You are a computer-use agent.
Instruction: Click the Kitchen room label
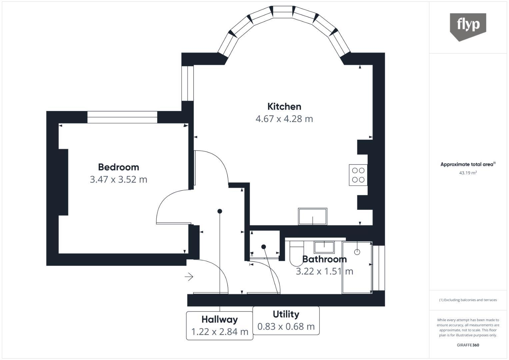[284, 107]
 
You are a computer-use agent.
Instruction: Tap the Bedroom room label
[118, 167]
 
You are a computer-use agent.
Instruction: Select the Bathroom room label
[324, 259]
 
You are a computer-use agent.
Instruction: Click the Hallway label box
[220, 326]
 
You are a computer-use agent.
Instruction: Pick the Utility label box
[286, 320]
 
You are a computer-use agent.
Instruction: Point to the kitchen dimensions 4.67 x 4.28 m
[284, 119]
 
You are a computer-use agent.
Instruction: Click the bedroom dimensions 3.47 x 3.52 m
[118, 180]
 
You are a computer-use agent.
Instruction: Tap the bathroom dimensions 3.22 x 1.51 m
[324, 271]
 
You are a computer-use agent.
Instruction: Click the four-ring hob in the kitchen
[358, 175]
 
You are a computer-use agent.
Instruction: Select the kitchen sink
[312, 216]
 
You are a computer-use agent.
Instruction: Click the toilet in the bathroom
[297, 253]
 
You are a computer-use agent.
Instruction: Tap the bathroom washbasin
[324, 247]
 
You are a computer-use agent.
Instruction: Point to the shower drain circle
[357, 252]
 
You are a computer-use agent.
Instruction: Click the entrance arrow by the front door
[189, 277]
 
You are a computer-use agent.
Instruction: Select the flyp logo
[468, 27]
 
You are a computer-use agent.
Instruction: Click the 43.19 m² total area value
[468, 173]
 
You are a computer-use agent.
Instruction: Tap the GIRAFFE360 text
[468, 345]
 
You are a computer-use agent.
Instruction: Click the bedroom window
[122, 117]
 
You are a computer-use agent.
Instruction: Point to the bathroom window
[379, 268]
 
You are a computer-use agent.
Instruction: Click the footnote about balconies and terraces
[468, 300]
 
